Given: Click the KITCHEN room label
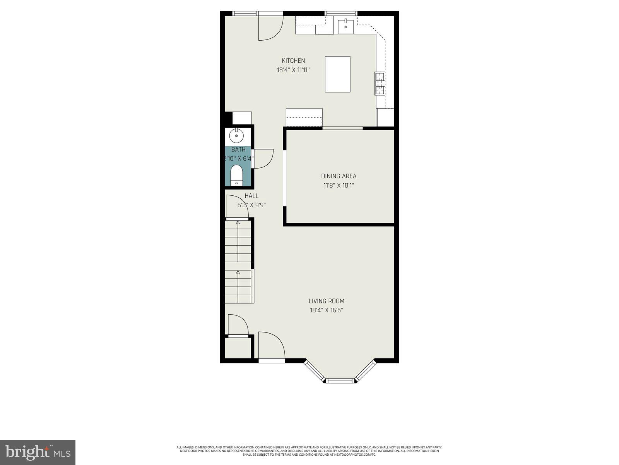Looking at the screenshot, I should [293, 60].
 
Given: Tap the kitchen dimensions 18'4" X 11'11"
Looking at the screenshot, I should [293, 70].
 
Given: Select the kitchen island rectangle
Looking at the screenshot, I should [337, 74].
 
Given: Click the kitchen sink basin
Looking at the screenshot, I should [345, 26].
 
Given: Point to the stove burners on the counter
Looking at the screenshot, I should [380, 84].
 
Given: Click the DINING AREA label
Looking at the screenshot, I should [339, 176].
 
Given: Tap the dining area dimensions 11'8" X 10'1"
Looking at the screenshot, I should [339, 185].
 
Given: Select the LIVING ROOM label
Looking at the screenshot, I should [326, 301].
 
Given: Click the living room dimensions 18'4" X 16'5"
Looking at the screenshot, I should [326, 310].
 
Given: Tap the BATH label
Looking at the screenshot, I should [238, 150].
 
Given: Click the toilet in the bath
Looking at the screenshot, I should [236, 175].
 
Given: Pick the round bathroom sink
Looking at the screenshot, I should [236, 136].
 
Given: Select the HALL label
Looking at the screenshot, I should [251, 196].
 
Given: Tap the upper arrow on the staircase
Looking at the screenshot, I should [238, 224].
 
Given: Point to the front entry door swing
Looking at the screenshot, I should [271, 346].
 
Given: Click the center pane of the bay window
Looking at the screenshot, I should [340, 381].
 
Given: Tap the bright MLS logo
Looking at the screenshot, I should [38, 453].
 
